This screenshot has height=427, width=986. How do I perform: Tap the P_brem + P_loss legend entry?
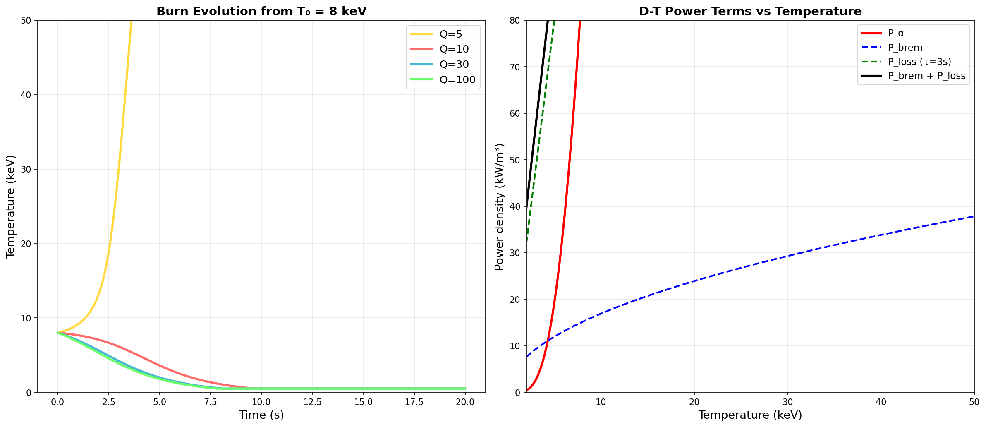click(926, 76)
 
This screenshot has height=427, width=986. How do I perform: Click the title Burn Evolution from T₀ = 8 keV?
click(261, 12)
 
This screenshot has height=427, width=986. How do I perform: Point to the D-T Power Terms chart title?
click(750, 12)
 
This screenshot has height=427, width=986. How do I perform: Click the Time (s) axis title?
click(261, 415)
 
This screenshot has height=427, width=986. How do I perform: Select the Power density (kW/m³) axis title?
click(500, 207)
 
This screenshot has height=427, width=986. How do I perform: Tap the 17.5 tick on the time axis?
click(414, 402)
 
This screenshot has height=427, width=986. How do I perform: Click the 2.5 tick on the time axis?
click(109, 402)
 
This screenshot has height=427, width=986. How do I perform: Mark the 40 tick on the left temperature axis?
click(27, 95)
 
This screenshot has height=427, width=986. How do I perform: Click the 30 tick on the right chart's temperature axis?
click(787, 402)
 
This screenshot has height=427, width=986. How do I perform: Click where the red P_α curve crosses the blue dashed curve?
click(548, 341)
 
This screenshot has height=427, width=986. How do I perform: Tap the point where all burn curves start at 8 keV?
click(58, 333)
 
